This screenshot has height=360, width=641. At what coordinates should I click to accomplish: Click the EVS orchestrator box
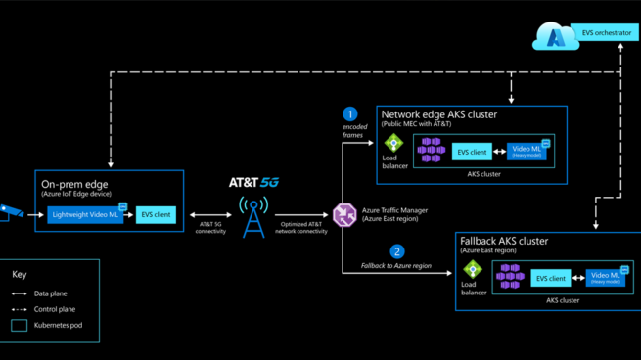tap(605, 33)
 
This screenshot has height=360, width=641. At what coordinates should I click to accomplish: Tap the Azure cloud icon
tap(554, 38)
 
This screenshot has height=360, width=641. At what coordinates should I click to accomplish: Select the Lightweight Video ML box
tap(86, 215)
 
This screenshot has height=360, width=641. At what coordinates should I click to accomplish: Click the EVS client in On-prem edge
tap(156, 215)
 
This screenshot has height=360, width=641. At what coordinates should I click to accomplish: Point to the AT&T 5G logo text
tap(253, 183)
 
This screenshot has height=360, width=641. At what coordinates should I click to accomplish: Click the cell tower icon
tap(253, 217)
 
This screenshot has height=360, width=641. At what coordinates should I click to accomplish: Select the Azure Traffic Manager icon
tap(343, 214)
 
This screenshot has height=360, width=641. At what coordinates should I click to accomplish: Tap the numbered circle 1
tap(350, 114)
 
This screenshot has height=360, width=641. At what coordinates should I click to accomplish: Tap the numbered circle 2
tap(396, 251)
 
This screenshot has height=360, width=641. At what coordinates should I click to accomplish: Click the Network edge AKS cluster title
tap(438, 114)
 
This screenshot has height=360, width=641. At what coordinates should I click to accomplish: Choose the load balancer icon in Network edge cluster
tap(393, 143)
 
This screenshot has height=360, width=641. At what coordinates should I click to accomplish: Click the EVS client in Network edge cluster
tap(472, 152)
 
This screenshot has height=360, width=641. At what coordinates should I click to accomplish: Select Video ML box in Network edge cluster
tap(527, 151)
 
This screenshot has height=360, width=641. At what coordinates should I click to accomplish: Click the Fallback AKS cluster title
tap(504, 241)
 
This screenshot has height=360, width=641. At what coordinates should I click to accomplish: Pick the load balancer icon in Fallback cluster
tap(473, 269)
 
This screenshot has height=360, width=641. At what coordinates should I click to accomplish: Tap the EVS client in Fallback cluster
tap(551, 279)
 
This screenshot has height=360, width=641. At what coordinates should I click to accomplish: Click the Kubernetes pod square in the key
tap(20, 325)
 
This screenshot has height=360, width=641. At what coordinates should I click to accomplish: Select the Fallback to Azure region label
tap(394, 266)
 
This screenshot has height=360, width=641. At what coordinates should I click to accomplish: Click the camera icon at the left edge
tap(10, 211)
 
